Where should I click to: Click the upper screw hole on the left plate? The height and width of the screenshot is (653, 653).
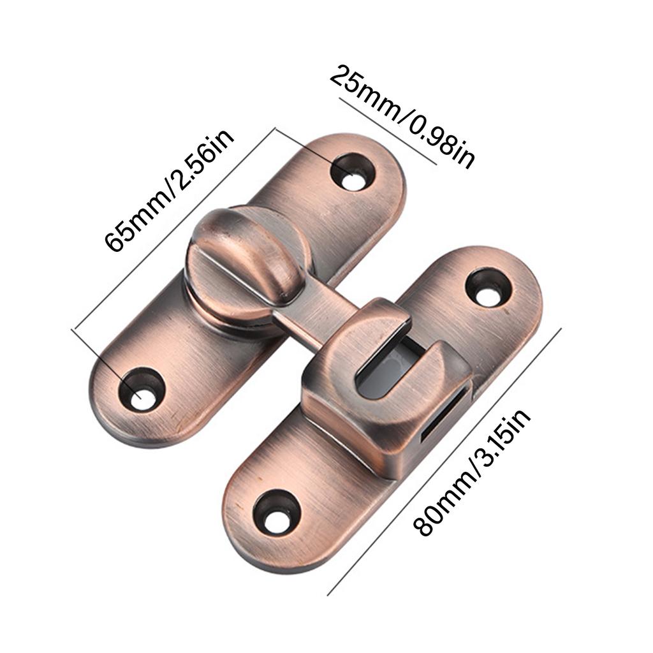click(352, 171)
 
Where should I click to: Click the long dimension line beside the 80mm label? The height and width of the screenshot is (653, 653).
click(446, 459)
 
